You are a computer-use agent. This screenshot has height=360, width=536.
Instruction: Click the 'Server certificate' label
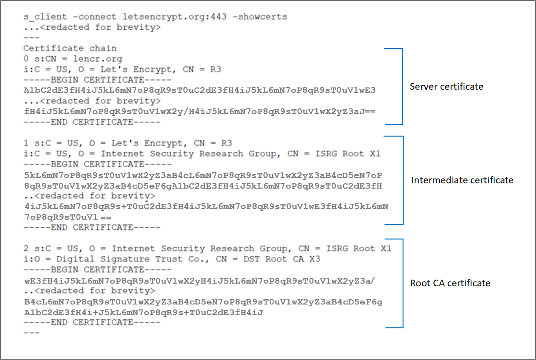click(x=446, y=87)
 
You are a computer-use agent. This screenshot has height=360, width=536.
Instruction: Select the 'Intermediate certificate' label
click(x=462, y=180)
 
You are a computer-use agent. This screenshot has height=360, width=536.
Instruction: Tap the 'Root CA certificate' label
click(x=450, y=283)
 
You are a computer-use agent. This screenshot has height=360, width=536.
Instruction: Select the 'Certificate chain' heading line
click(x=70, y=48)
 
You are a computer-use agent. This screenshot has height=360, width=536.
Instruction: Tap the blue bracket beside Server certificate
click(x=401, y=86)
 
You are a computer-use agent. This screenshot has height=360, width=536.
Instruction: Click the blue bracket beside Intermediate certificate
click(x=402, y=180)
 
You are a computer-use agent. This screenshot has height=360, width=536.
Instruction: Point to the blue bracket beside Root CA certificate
click(x=402, y=283)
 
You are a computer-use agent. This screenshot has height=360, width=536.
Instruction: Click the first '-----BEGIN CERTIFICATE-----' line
click(x=97, y=80)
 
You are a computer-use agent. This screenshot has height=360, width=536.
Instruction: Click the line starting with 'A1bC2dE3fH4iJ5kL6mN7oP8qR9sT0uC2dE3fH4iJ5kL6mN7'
click(x=199, y=91)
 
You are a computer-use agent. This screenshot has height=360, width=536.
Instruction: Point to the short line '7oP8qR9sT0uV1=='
click(x=67, y=217)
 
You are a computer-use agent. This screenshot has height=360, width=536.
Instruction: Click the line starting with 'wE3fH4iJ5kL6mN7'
click(x=199, y=281)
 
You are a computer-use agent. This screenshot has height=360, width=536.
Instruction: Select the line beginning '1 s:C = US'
click(x=127, y=143)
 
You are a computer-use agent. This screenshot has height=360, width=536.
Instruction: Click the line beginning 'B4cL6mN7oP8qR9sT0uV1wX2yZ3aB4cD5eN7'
click(x=202, y=302)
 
